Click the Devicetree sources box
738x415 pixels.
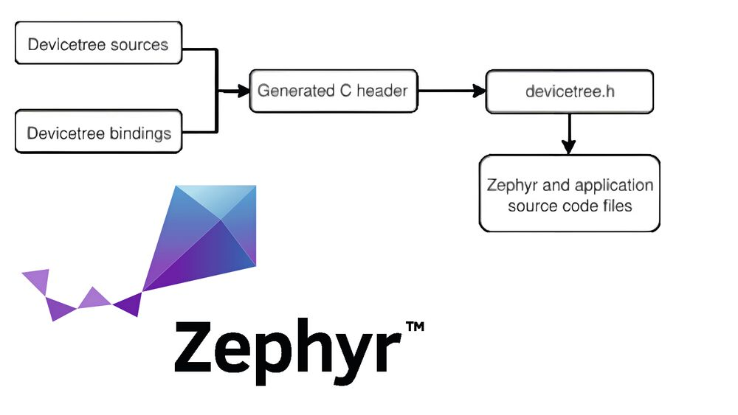98,43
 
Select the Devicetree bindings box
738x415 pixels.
98,133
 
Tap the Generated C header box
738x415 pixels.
334,91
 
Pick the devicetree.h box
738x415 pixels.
568,91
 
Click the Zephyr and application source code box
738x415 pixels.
569,194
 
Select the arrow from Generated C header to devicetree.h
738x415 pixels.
450,91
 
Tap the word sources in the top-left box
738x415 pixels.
139,44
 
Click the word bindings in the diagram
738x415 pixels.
140,133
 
